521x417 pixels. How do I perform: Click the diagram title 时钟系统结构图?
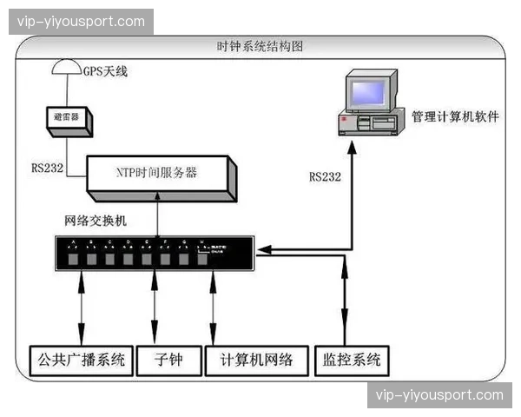(x=260, y=45)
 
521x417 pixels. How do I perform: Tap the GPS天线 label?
(x=104, y=70)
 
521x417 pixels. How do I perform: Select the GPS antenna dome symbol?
(x=65, y=67)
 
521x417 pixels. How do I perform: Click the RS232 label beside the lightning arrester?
(x=47, y=168)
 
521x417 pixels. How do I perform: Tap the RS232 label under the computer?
(x=325, y=176)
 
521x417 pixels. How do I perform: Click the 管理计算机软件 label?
(x=455, y=116)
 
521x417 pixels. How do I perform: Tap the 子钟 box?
(x=168, y=358)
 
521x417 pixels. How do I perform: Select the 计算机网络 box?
(x=256, y=358)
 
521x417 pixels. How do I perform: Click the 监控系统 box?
(x=350, y=358)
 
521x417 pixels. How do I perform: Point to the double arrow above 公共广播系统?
(x=82, y=306)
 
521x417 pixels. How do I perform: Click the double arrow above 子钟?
(x=155, y=306)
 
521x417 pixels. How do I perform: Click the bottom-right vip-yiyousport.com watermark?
(x=439, y=395)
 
